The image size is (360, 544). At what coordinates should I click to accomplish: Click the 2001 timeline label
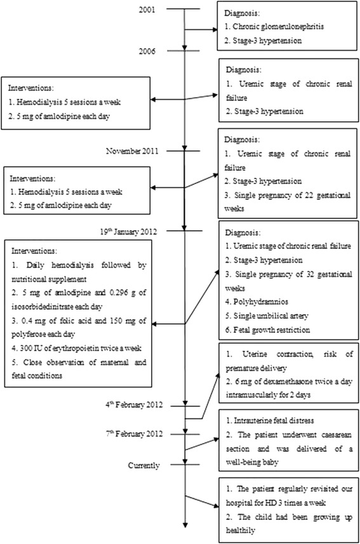(x=153, y=9)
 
